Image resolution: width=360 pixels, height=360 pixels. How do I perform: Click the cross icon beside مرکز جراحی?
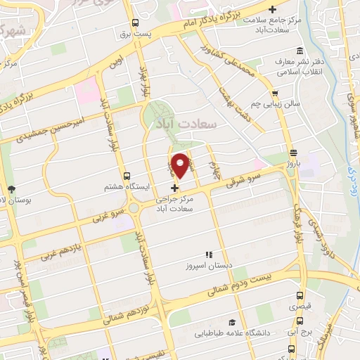[175, 187]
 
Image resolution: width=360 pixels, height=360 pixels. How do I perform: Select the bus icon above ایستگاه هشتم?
[126, 176]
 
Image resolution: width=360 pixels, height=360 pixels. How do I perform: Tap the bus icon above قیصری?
[300, 296]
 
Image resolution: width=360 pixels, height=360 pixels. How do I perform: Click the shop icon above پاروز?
[293, 152]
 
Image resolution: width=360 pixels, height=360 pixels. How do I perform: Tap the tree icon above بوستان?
[11, 188]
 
